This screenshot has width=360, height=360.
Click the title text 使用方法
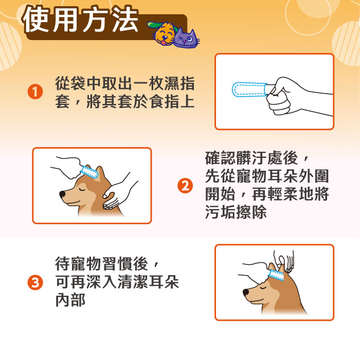click(x=81, y=20)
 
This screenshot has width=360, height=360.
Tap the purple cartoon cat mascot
click(x=186, y=39)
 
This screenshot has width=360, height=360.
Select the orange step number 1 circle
click(x=35, y=92)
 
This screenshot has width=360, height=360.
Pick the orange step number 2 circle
click(x=185, y=186)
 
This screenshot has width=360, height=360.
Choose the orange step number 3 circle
click(x=35, y=282)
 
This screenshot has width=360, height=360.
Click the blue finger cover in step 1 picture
click(x=249, y=89)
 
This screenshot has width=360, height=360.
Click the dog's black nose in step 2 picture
click(x=62, y=194)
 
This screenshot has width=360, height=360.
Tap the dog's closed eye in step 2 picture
click(x=82, y=190)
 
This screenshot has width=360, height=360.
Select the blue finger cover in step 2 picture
click(x=89, y=171)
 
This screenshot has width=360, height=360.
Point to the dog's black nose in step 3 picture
click(x=246, y=293)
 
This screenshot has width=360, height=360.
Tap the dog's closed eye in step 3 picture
click(x=263, y=287)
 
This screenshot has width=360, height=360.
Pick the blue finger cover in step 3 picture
click(x=277, y=275)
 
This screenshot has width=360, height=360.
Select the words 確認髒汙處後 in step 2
click(x=251, y=158)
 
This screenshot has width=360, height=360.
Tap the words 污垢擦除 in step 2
click(x=236, y=212)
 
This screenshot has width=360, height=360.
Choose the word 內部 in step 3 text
click(x=70, y=300)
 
